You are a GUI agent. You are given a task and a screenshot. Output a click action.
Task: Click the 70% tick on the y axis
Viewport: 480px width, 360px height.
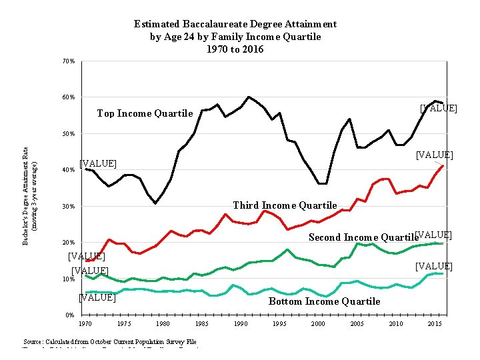69,61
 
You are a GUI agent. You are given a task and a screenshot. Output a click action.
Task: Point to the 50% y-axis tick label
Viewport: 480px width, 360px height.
69,134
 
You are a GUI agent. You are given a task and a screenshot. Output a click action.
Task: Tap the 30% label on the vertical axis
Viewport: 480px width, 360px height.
69,207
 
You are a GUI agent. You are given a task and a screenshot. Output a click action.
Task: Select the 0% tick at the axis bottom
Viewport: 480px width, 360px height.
70,315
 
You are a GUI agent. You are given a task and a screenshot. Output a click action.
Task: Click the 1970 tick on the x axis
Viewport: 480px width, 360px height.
85,324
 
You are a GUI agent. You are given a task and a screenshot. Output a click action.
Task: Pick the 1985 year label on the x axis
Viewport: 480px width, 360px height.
202,324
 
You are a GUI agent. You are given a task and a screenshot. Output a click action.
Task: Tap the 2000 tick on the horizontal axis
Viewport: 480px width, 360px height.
319,324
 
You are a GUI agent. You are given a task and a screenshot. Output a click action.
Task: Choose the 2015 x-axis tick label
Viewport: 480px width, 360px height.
435,324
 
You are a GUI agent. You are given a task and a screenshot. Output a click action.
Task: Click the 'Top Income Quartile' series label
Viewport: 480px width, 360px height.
145,113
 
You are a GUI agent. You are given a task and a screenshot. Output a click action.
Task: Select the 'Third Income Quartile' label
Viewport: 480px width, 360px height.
285,205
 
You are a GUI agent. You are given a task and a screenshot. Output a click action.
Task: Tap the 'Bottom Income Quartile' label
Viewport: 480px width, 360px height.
324,301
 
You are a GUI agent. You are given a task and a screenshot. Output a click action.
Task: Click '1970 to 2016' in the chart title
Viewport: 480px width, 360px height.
235,49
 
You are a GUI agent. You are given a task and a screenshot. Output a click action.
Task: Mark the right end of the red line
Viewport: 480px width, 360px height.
443,165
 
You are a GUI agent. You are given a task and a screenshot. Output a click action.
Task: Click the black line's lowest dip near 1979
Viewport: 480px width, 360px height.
155,203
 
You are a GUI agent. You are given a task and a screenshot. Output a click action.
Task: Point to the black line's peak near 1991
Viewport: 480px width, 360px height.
249,97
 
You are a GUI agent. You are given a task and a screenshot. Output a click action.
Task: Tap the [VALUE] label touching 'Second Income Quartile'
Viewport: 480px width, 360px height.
433,235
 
